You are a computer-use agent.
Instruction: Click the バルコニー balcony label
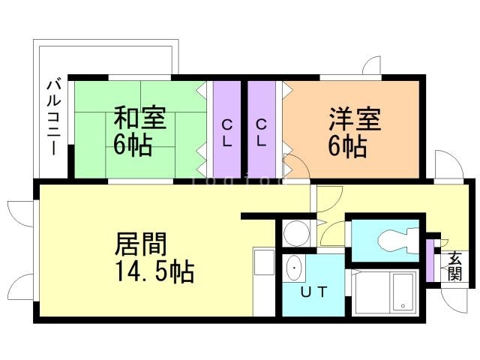[x=53, y=115]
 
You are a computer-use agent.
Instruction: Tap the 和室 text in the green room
[x=139, y=119]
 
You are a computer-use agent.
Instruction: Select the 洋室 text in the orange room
[x=355, y=119]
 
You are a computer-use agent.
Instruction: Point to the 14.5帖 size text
[x=154, y=271]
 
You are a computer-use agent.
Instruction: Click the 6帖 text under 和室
[x=133, y=145]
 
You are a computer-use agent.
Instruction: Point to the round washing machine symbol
[x=296, y=233]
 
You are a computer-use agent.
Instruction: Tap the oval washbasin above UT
[x=294, y=267]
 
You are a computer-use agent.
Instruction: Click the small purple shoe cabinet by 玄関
[x=431, y=259]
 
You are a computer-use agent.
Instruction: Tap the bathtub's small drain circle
[x=403, y=306]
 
